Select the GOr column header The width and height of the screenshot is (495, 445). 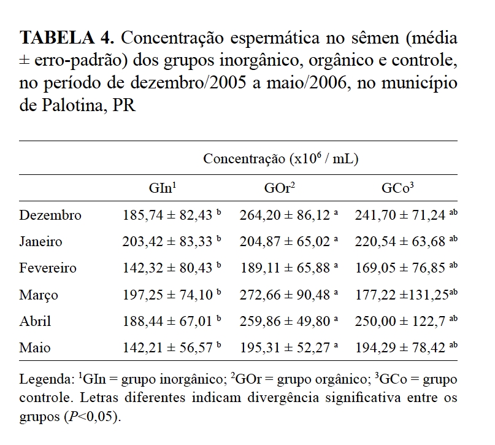point(280,188)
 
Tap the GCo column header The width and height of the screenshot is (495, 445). point(397,188)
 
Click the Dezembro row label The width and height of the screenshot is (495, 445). point(50,215)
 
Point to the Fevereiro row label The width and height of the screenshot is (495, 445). point(48,268)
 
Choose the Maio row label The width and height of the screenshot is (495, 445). point(35,348)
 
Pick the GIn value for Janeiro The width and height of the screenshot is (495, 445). point(168,241)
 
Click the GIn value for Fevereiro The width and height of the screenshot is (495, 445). point(168,268)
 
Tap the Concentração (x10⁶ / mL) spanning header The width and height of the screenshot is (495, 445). point(280,159)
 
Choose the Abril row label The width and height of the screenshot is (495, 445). point(35,321)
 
